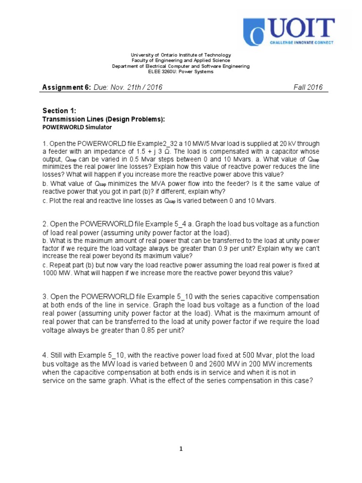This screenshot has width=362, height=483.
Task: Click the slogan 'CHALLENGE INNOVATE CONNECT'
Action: (301, 42)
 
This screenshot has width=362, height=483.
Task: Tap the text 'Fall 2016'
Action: (308, 88)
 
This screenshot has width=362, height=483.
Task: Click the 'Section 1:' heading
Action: (56, 111)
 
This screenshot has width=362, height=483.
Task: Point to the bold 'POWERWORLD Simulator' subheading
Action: (78, 127)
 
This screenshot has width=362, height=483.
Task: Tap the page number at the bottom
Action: (181, 449)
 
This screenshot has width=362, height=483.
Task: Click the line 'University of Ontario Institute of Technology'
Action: (181, 55)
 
